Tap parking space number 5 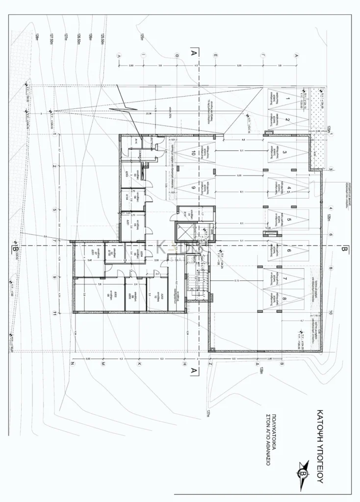[x=288, y=220]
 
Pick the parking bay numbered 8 [x=284, y=297]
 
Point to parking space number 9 [x=193, y=188]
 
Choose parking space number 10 [x=193, y=152]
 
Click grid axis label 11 [x=54, y=314]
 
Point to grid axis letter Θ [x=176, y=56]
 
